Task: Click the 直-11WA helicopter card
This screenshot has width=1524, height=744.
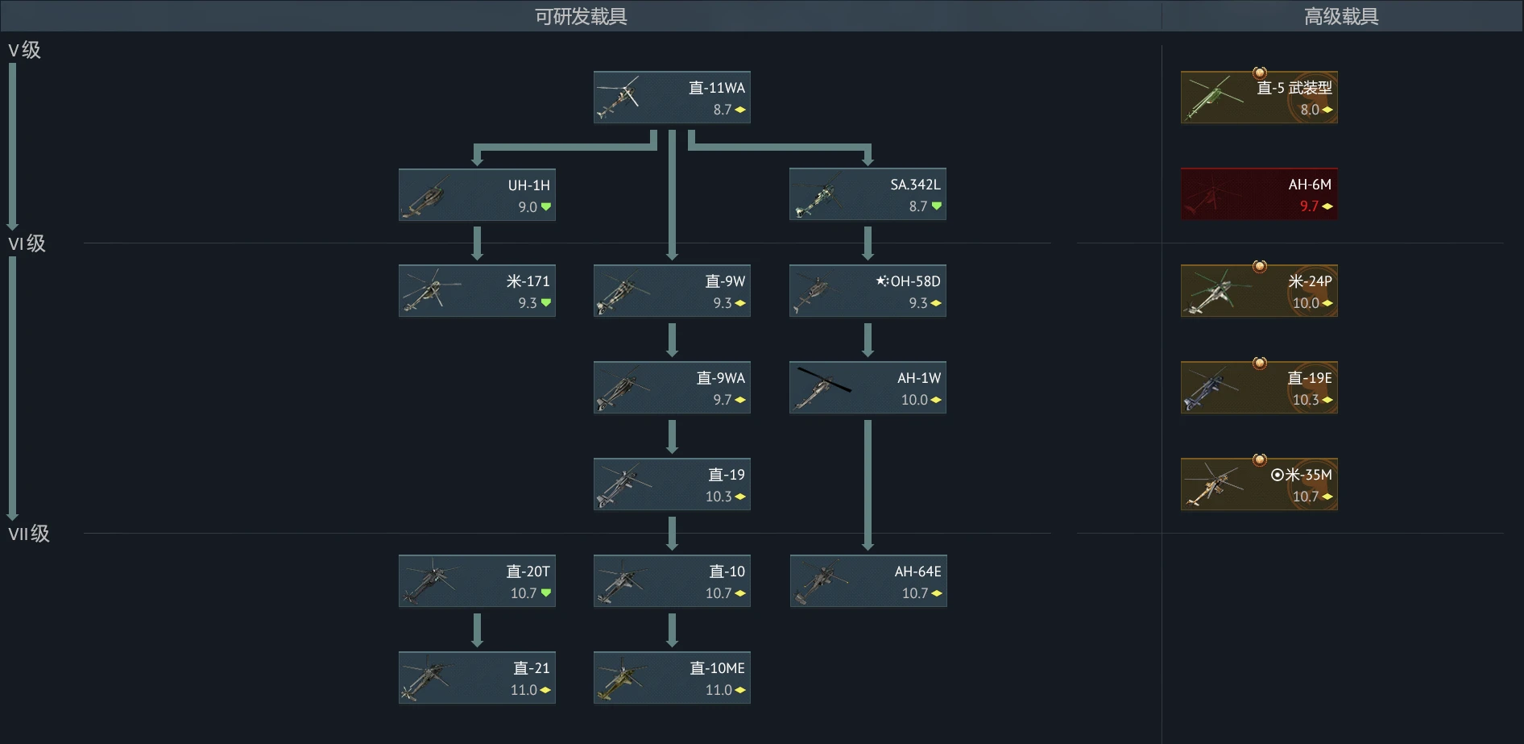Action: tap(672, 98)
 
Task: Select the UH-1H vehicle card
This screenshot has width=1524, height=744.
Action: tap(477, 194)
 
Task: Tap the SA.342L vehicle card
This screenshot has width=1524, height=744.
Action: tap(868, 194)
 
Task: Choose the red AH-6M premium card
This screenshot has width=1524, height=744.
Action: tap(1259, 194)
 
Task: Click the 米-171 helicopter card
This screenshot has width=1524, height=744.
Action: tap(477, 291)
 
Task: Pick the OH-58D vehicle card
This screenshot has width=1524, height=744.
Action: tap(868, 291)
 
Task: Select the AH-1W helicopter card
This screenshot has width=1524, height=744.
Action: tap(868, 388)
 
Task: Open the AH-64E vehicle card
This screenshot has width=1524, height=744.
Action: tap(868, 581)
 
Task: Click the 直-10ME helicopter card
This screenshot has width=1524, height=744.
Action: tap(672, 678)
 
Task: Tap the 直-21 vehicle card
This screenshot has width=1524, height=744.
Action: tap(477, 678)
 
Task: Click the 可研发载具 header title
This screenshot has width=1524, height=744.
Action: tap(581, 16)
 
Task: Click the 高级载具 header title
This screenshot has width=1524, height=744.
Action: tap(1341, 16)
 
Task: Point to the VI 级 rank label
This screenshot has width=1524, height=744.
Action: tap(27, 243)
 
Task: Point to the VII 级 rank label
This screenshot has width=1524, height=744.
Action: tap(29, 534)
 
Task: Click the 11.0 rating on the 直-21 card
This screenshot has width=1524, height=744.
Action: tap(524, 690)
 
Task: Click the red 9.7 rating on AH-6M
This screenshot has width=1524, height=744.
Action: tap(1309, 206)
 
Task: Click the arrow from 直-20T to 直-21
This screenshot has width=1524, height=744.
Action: tap(477, 630)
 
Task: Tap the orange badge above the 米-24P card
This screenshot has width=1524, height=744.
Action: tap(1260, 266)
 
